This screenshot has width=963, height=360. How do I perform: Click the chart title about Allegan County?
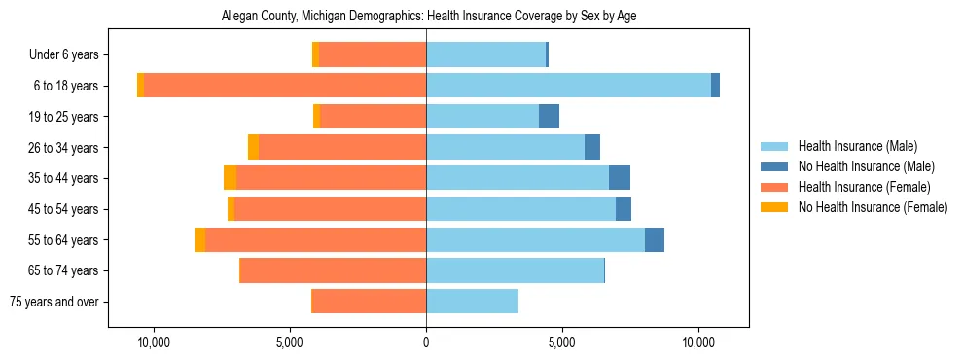click(428, 17)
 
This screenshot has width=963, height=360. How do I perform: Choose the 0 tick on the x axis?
click(426, 342)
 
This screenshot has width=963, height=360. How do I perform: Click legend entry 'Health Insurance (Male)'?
click(857, 147)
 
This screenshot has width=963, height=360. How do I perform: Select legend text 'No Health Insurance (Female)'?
click(873, 207)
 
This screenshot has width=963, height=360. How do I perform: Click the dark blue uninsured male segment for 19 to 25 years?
click(549, 117)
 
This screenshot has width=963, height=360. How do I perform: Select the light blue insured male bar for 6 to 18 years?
click(568, 86)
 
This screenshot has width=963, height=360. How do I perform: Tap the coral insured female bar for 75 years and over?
click(369, 302)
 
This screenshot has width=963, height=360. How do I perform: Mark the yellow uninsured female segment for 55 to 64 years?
click(199, 240)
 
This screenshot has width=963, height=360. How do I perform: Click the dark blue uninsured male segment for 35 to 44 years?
click(620, 178)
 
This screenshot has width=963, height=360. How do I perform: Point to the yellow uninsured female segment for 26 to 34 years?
click(253, 147)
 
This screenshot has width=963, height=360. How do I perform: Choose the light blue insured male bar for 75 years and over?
click(472, 302)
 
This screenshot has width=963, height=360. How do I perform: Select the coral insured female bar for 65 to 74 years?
click(333, 270)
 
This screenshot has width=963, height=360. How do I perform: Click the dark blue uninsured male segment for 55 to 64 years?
click(655, 240)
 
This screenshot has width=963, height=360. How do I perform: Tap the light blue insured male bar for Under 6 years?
click(485, 55)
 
